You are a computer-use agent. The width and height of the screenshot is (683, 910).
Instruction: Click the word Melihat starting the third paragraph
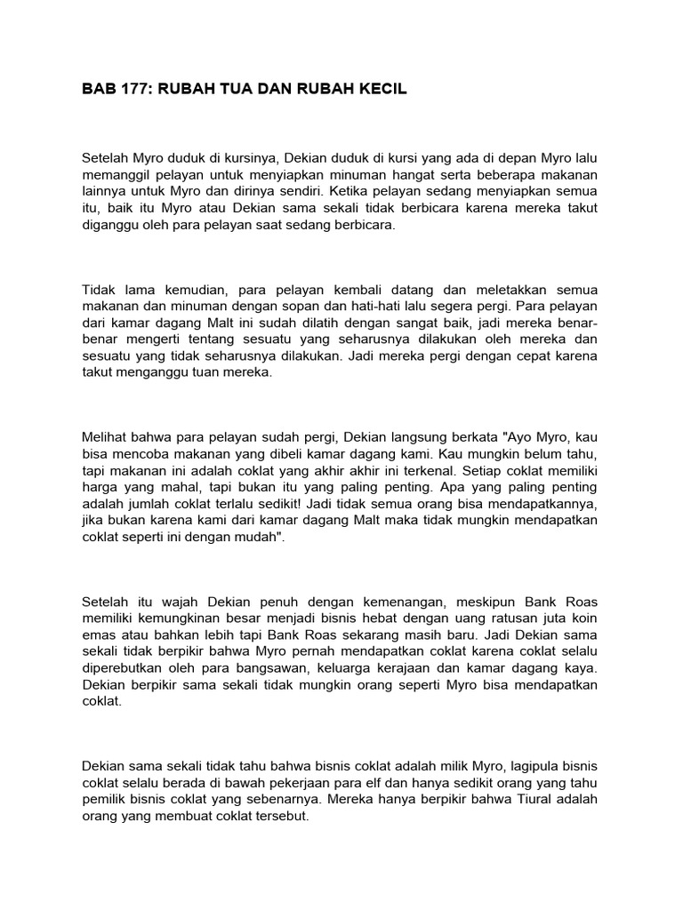(x=105, y=438)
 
